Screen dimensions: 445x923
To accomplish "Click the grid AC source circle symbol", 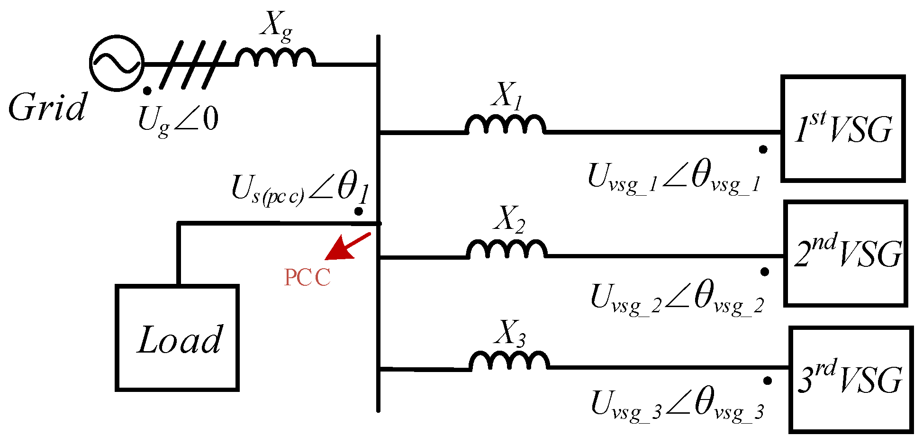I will pos(117,63).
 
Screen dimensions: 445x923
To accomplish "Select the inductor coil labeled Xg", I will pos(276,58).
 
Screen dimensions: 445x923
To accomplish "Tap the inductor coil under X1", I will pos(505,125).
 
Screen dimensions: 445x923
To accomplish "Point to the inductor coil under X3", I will pos(509,360).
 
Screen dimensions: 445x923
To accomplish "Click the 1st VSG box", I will pos(843,128).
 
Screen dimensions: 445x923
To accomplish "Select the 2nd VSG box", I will pos(846,254).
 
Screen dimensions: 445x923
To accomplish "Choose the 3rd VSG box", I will pos(851,380).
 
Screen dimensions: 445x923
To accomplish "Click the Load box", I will pos(177,338).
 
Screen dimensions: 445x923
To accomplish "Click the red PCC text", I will pos(307,278).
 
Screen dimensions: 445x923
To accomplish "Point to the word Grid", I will pos(47,107).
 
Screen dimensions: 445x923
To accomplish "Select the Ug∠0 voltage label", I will pos(178,119).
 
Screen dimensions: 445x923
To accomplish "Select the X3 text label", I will pos(509,333).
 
